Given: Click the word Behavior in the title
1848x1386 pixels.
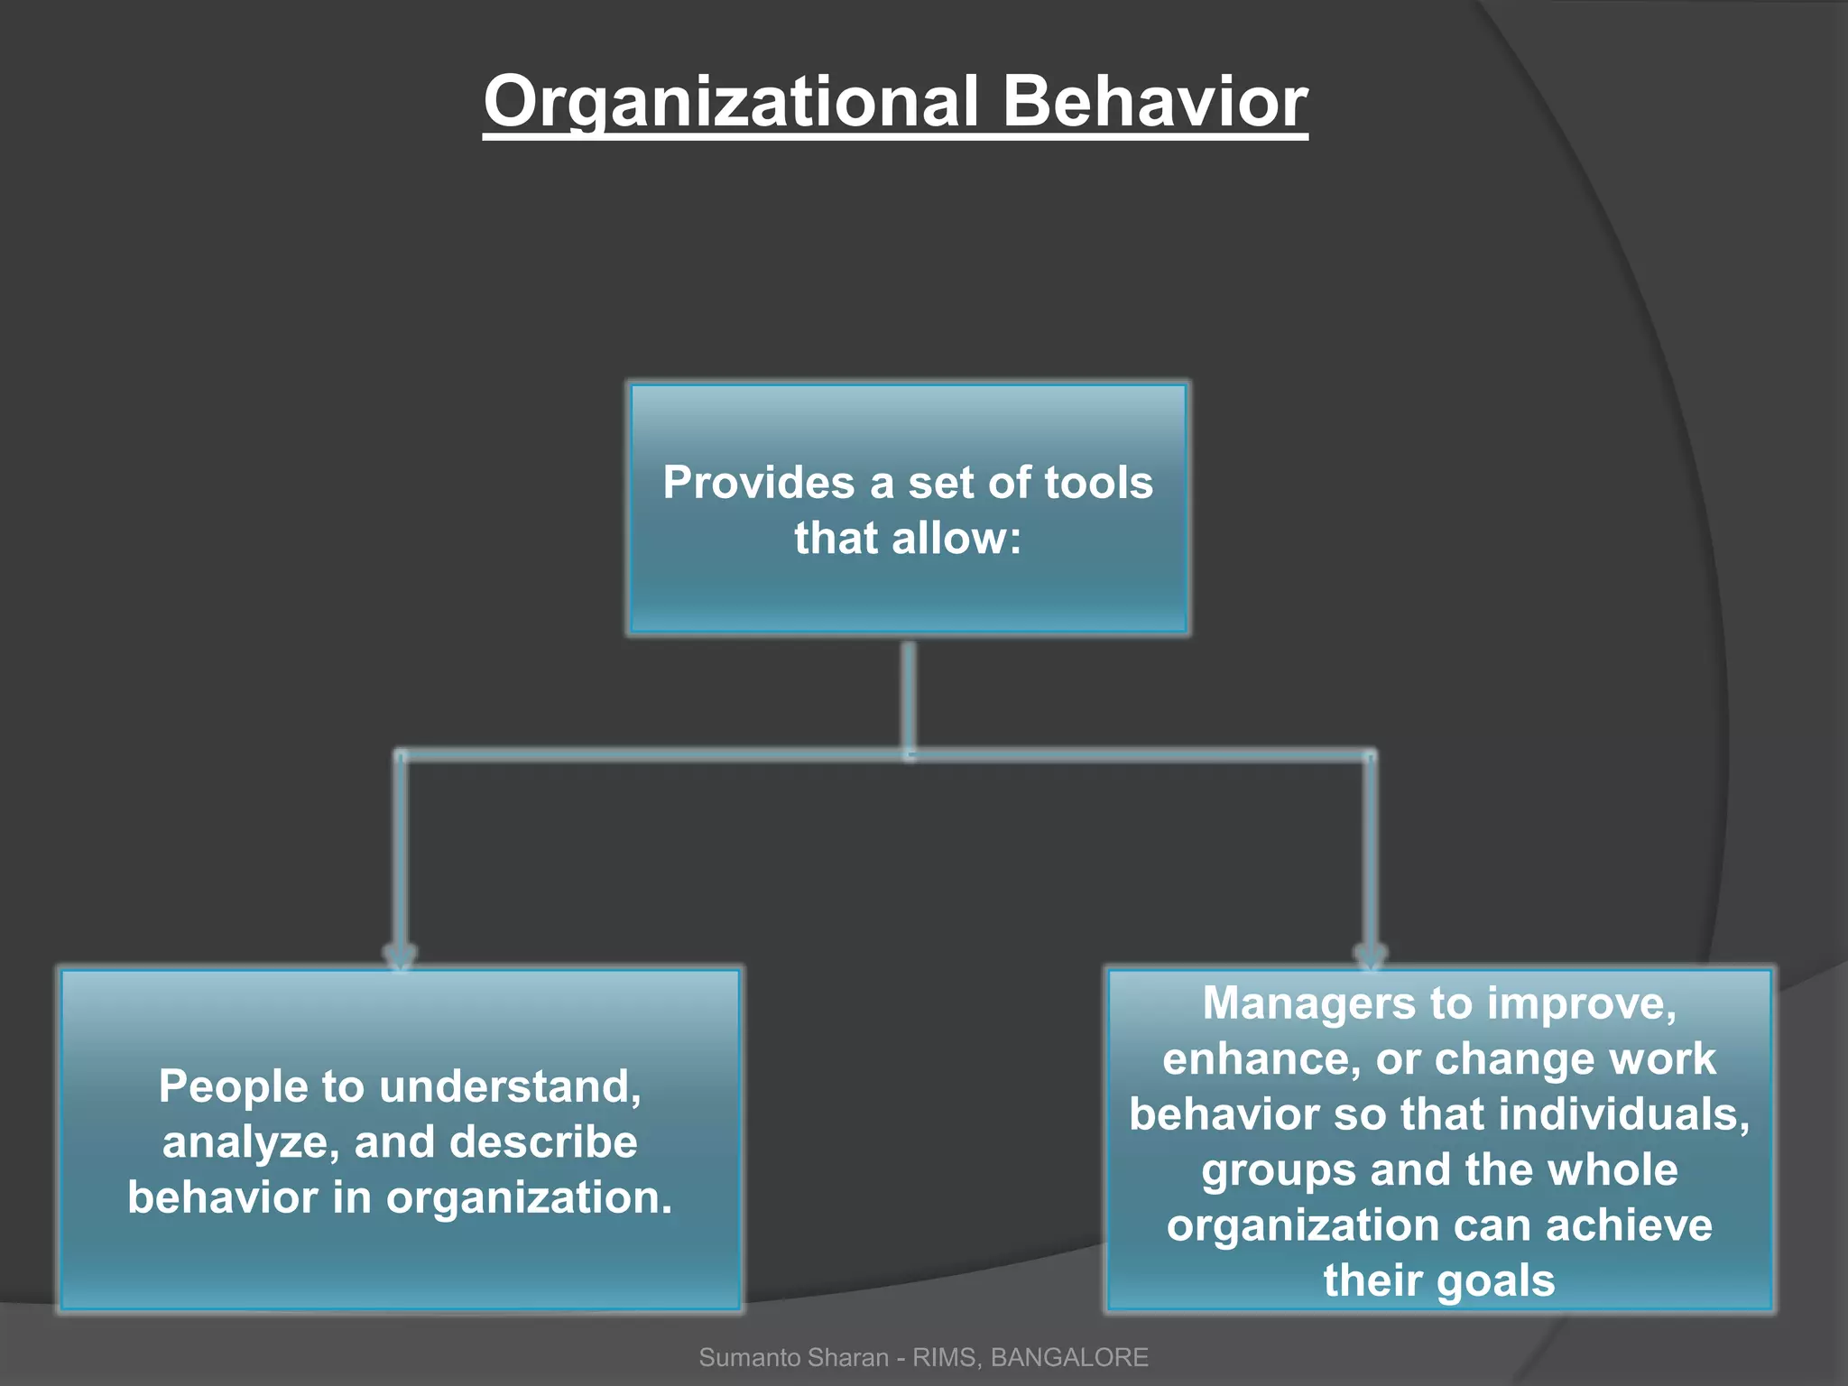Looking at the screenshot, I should click(1154, 102).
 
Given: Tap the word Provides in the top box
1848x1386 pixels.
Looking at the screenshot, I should click(758, 483).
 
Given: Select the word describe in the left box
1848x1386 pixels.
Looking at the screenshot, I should click(543, 1142).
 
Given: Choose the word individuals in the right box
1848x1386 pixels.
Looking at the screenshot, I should click(1619, 1114).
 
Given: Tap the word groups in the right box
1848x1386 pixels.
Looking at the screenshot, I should click(1279, 1170).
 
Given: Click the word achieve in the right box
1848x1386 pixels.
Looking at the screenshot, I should click(1629, 1225).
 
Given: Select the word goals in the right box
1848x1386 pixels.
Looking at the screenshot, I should click(1496, 1281).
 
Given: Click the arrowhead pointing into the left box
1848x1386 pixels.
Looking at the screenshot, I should click(400, 956).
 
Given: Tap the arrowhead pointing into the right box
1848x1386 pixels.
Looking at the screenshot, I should click(1370, 956).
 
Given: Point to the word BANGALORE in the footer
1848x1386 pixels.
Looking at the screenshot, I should click(1069, 1357).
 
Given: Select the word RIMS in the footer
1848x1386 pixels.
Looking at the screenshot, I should click(945, 1357).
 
